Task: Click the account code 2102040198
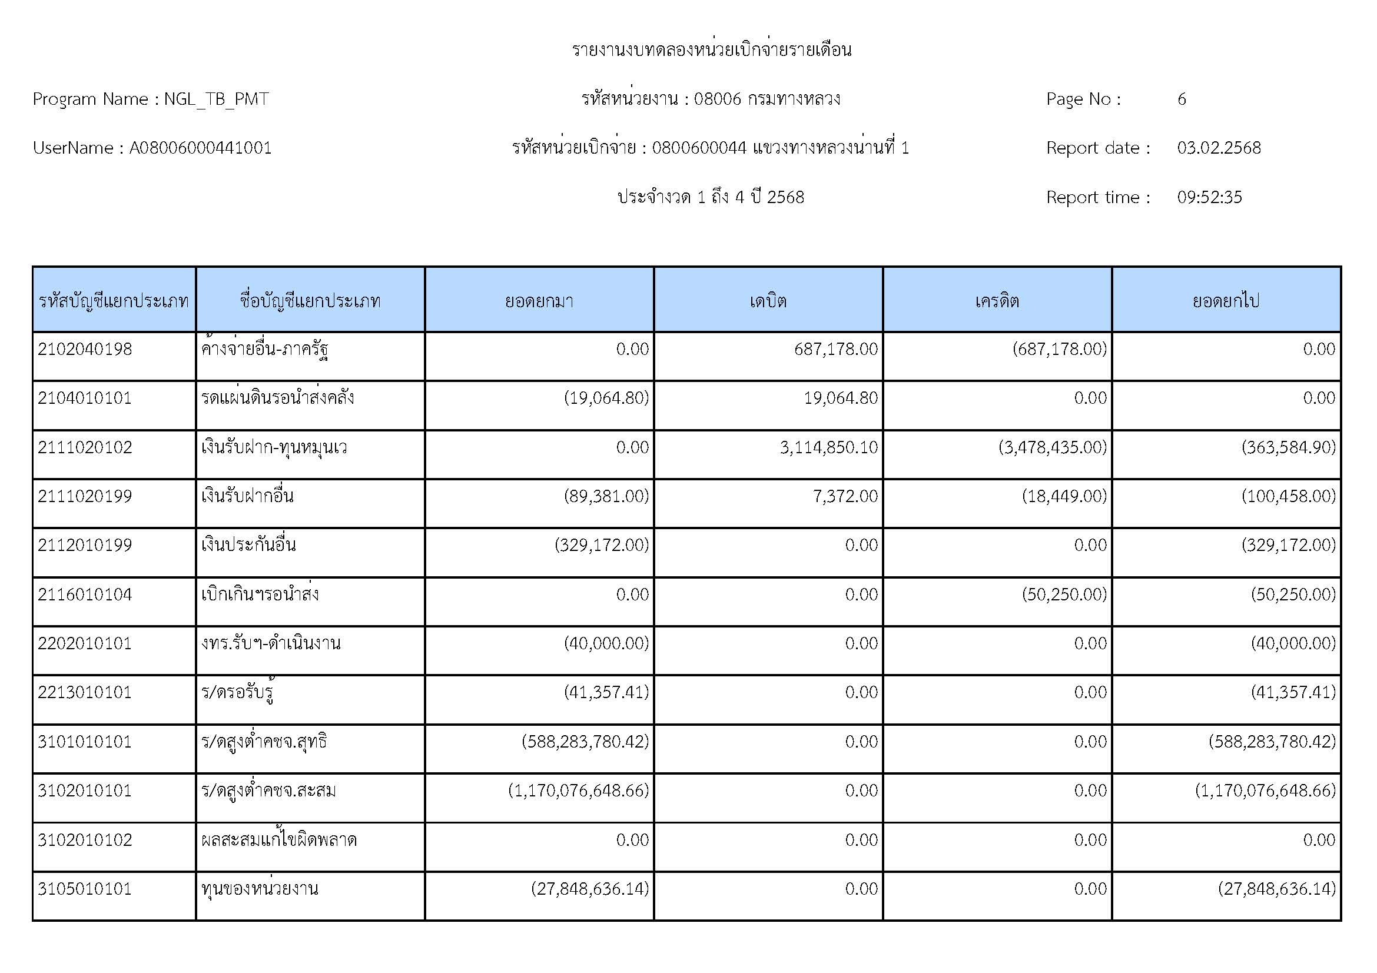(x=85, y=349)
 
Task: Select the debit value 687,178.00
(x=835, y=349)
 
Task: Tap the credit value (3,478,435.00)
(x=1053, y=447)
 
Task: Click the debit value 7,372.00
(x=845, y=496)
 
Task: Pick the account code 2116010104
(x=85, y=594)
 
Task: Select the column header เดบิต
(x=768, y=300)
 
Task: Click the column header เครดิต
(x=997, y=300)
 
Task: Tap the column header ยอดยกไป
(x=1226, y=300)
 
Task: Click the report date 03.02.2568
(x=1219, y=148)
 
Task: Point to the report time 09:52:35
(x=1209, y=197)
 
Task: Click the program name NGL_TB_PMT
(x=216, y=99)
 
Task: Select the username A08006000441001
(x=200, y=148)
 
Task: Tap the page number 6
(x=1182, y=99)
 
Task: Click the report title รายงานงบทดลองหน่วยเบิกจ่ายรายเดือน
(x=711, y=50)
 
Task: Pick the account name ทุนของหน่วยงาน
(x=260, y=888)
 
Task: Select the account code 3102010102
(x=85, y=839)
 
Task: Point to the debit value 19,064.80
(x=840, y=398)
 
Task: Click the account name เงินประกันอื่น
(x=248, y=545)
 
